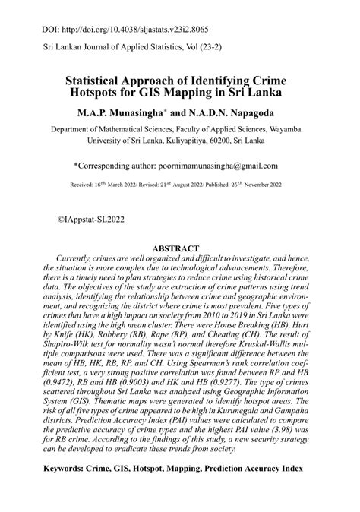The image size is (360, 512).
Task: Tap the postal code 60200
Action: (218, 141)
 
